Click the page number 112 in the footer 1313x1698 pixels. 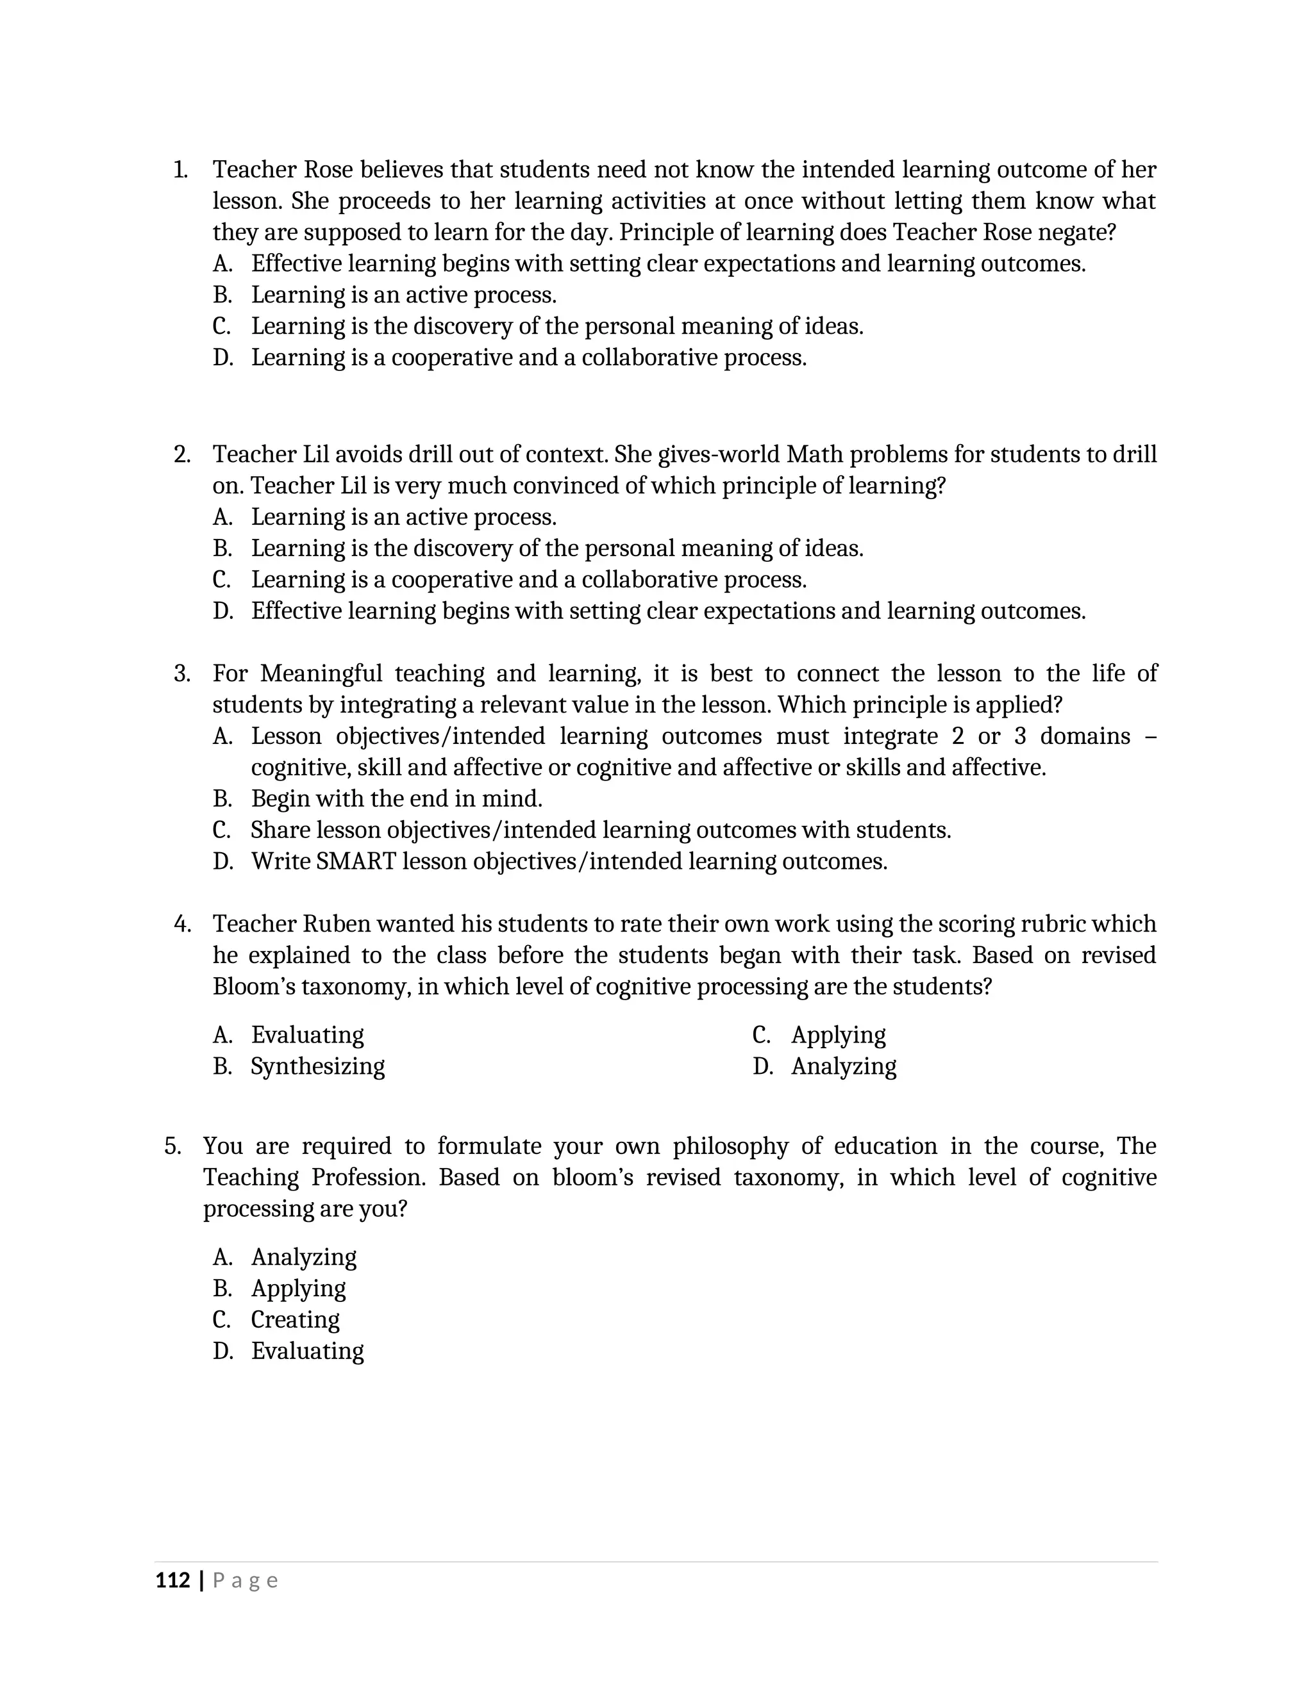pyautogui.click(x=172, y=1581)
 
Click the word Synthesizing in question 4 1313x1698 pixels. pyautogui.click(x=317, y=1066)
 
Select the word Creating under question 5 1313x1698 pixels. pyautogui.click(x=295, y=1320)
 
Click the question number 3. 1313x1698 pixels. pyautogui.click(x=181, y=673)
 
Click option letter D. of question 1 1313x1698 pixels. pyautogui.click(x=222, y=358)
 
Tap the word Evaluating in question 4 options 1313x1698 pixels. pyautogui.click(x=307, y=1035)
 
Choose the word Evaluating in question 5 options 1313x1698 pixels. pyautogui.click(x=307, y=1351)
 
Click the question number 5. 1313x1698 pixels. pyautogui.click(x=172, y=1146)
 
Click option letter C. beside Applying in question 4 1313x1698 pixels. pyautogui.click(x=761, y=1035)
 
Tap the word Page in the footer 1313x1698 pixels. pyautogui.click(x=245, y=1581)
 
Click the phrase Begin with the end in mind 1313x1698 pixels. pyautogui.click(x=397, y=798)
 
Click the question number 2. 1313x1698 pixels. pyautogui.click(x=181, y=454)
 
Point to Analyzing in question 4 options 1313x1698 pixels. pyautogui.click(x=843, y=1066)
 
